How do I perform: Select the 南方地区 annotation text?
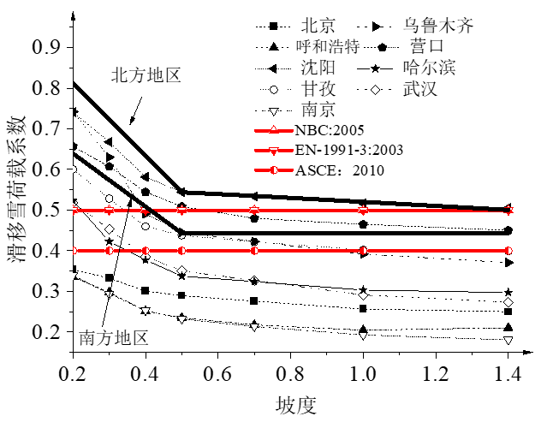115,336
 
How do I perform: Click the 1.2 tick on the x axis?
436,374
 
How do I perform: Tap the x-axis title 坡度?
291,402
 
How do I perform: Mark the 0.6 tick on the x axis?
217,374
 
